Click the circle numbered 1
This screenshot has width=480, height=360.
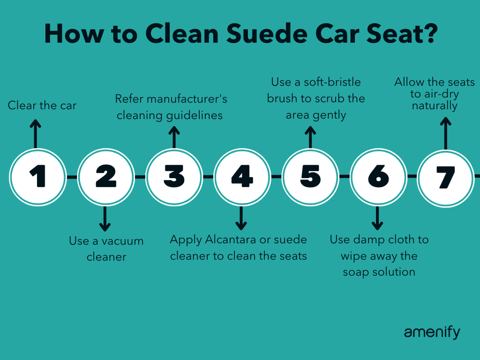(x=37, y=177)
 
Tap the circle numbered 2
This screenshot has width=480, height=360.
(x=105, y=177)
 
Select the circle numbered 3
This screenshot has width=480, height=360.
(x=173, y=177)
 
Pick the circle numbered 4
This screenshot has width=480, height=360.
(x=241, y=177)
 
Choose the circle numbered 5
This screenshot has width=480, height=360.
(x=310, y=177)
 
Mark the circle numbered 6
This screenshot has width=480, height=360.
(x=378, y=177)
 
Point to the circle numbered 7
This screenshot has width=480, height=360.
(x=445, y=177)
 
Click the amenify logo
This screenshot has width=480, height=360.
(x=432, y=332)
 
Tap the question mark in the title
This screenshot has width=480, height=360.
(x=428, y=34)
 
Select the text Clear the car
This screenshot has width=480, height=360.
(x=42, y=105)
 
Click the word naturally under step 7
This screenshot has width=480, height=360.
(x=434, y=105)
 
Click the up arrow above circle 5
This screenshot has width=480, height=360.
(x=310, y=136)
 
